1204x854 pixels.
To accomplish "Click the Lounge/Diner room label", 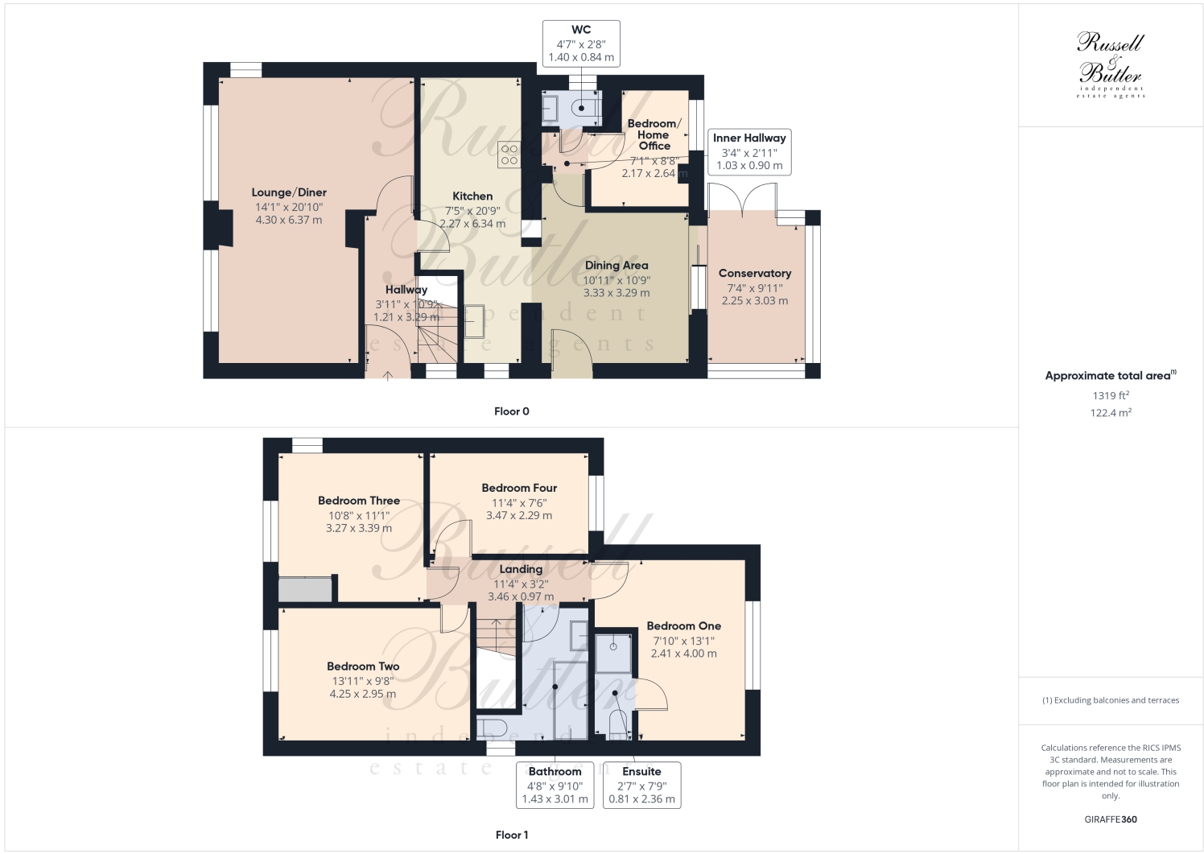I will coord(289,192).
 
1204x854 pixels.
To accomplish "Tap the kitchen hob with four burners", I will coord(509,155).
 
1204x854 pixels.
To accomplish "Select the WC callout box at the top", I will coord(581,43).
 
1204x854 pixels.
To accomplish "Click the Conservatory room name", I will coord(754,274).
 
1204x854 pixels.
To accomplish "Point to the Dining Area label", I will coord(616,266).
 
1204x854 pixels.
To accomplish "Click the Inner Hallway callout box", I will coord(749,151).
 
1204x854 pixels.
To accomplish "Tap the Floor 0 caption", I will coord(512,411).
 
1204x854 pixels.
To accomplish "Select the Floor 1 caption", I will coord(512,835).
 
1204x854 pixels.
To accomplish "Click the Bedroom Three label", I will coord(359,501).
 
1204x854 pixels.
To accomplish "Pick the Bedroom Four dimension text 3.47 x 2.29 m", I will coord(519,515).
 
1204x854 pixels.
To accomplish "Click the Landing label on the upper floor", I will coord(521,569).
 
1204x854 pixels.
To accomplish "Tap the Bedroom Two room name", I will coord(363,666).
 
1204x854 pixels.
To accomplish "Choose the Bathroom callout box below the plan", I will coord(555,785).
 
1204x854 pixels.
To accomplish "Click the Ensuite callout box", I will coord(641,785).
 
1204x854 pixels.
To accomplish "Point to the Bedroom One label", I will coord(683,626).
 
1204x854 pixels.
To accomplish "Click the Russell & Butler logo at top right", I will coord(1111,64).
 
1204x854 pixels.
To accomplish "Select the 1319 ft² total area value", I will coord(1111,395).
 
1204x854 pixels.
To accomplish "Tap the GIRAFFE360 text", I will coord(1111,819).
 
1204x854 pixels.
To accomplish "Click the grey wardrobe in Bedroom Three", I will coord(306,588).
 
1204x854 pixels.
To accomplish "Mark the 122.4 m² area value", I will coord(1111,413).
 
